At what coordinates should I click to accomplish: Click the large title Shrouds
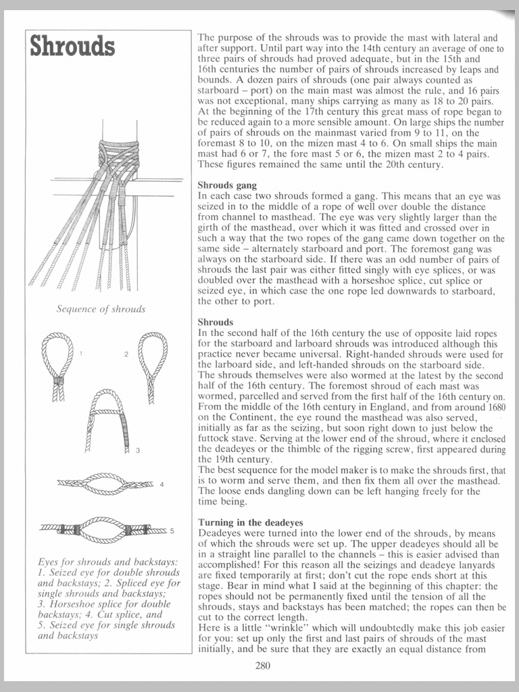[72, 47]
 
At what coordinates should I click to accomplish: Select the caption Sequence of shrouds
[101, 309]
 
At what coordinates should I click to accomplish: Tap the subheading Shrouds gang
[226, 184]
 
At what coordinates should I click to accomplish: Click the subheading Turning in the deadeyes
[251, 522]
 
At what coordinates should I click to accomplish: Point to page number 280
[263, 666]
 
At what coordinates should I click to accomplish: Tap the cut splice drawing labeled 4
[105, 483]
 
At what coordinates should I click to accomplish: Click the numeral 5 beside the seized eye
[172, 531]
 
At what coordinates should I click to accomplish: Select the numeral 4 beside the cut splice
[162, 484]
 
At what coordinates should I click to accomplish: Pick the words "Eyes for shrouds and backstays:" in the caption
[107, 561]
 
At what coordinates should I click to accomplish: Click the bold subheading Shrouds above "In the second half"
[216, 322]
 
